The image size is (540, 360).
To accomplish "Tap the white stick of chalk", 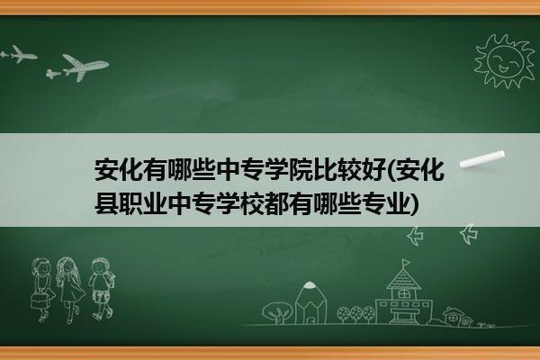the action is click(482, 159).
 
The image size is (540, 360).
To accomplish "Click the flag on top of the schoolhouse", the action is click(407, 263).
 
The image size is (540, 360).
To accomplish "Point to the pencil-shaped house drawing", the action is click(310, 302).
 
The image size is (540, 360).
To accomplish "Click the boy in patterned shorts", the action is click(101, 289).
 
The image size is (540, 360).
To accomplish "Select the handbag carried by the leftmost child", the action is click(38, 301).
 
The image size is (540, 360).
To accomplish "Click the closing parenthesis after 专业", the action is click(415, 204).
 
